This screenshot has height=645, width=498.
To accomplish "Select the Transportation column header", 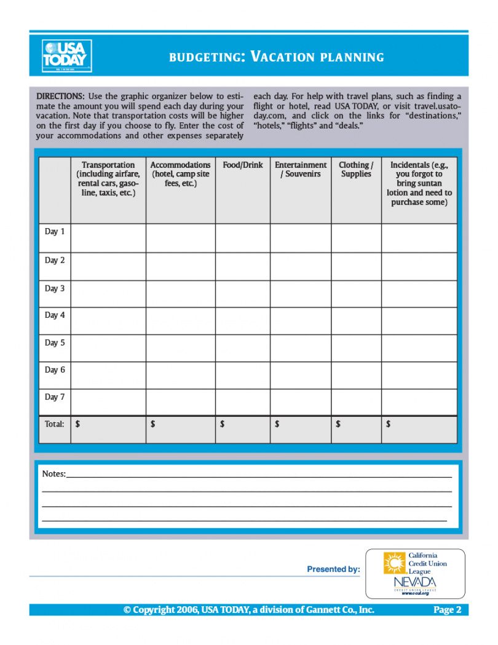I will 108,179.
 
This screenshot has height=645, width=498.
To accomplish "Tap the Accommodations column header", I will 180,174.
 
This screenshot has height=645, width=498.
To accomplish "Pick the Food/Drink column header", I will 242,165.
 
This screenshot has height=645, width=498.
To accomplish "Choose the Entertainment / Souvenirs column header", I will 301,170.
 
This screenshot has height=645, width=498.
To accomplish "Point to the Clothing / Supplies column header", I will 356,170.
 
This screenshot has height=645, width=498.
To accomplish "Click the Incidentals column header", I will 419,183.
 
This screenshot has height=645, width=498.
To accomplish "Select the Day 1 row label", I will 54,232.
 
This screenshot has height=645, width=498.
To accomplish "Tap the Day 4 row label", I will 54,315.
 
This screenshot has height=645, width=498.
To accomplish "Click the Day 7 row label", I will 54,397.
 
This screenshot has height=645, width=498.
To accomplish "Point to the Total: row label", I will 54,424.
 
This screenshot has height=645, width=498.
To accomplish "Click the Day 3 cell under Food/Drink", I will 242,293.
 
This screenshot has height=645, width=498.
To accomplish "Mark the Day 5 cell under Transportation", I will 108,348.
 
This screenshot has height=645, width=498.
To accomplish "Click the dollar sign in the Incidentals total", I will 388,424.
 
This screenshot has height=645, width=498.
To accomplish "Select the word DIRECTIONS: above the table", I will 60,97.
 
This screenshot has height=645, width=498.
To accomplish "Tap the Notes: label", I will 53,474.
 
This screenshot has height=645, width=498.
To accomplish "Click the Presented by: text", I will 333,569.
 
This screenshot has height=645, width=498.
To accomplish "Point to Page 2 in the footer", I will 447,610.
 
